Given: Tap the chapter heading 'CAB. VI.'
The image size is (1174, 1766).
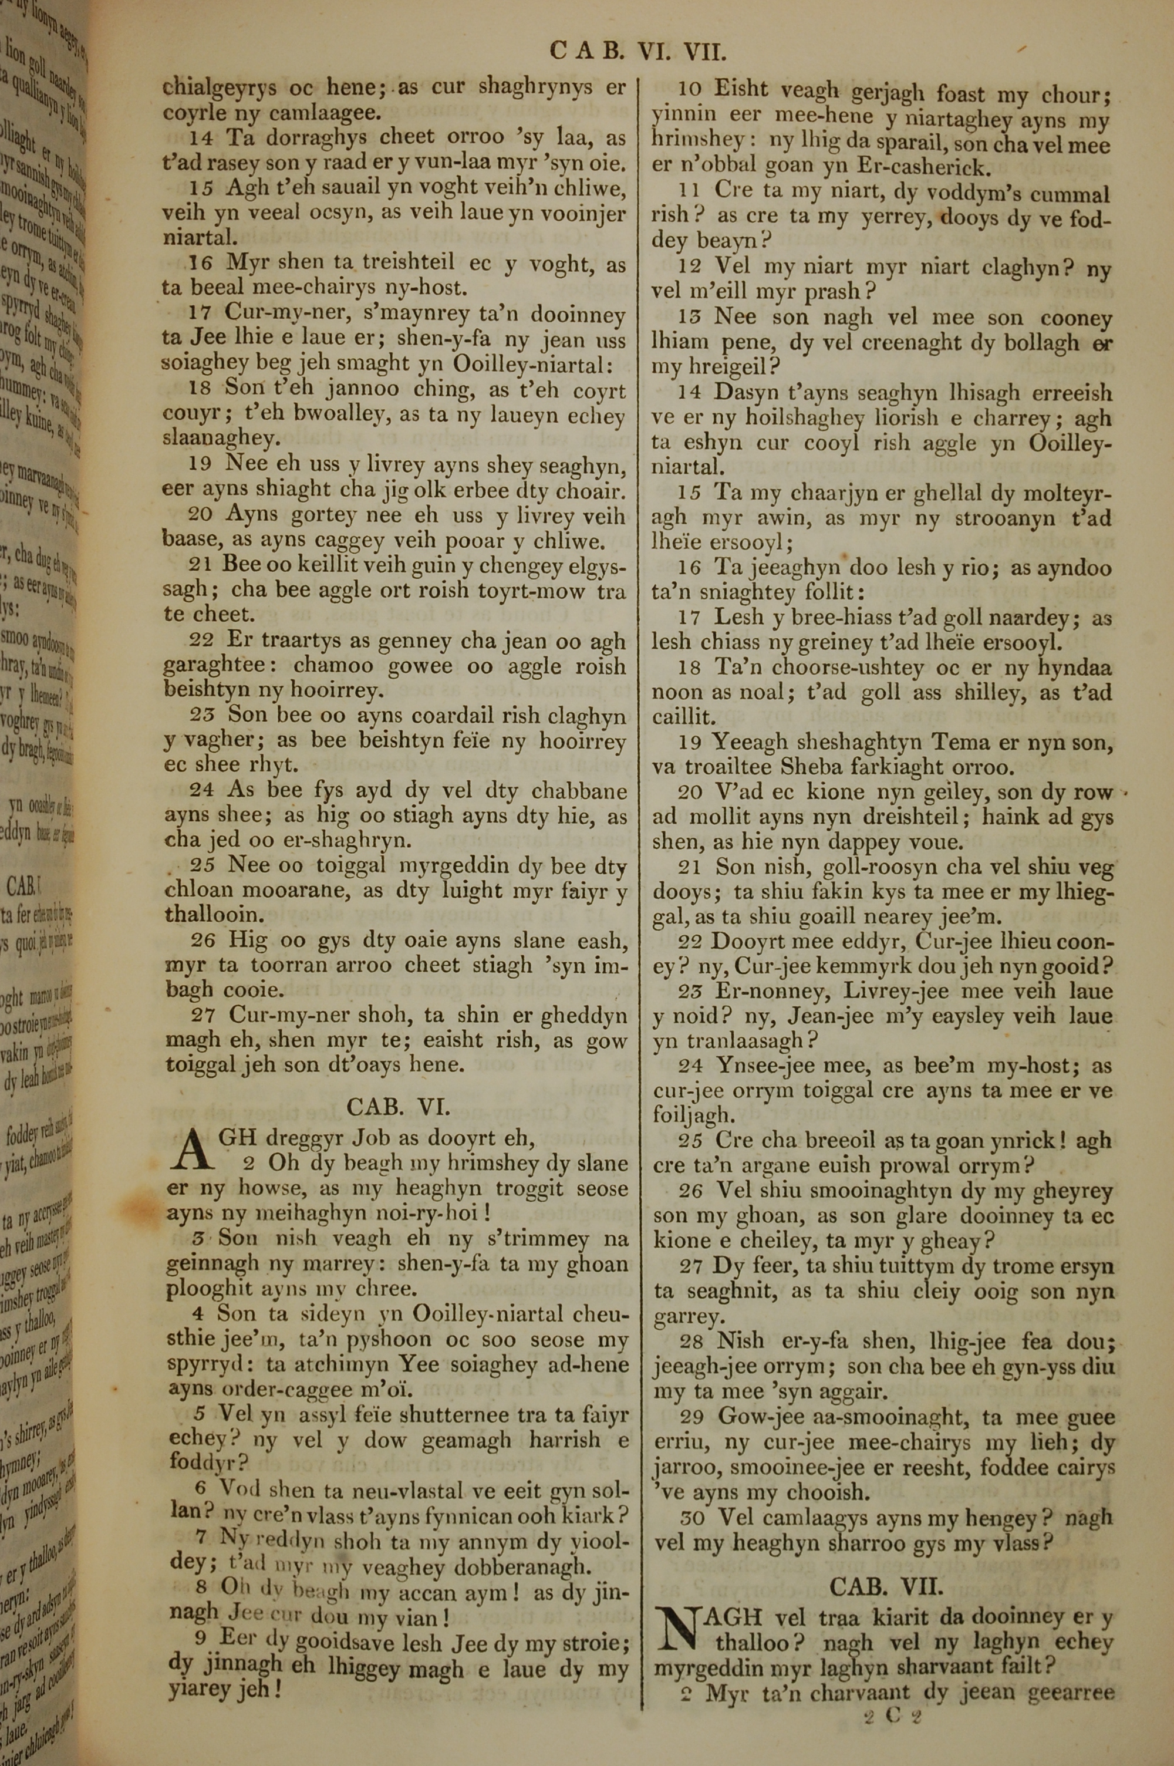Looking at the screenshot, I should pos(397,1107).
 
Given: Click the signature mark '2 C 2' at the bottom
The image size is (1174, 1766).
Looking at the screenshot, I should pos(892,1695).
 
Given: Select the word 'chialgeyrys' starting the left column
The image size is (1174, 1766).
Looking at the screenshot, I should pos(221,88).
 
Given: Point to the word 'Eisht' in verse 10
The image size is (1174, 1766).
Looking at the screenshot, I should pos(740,90).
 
